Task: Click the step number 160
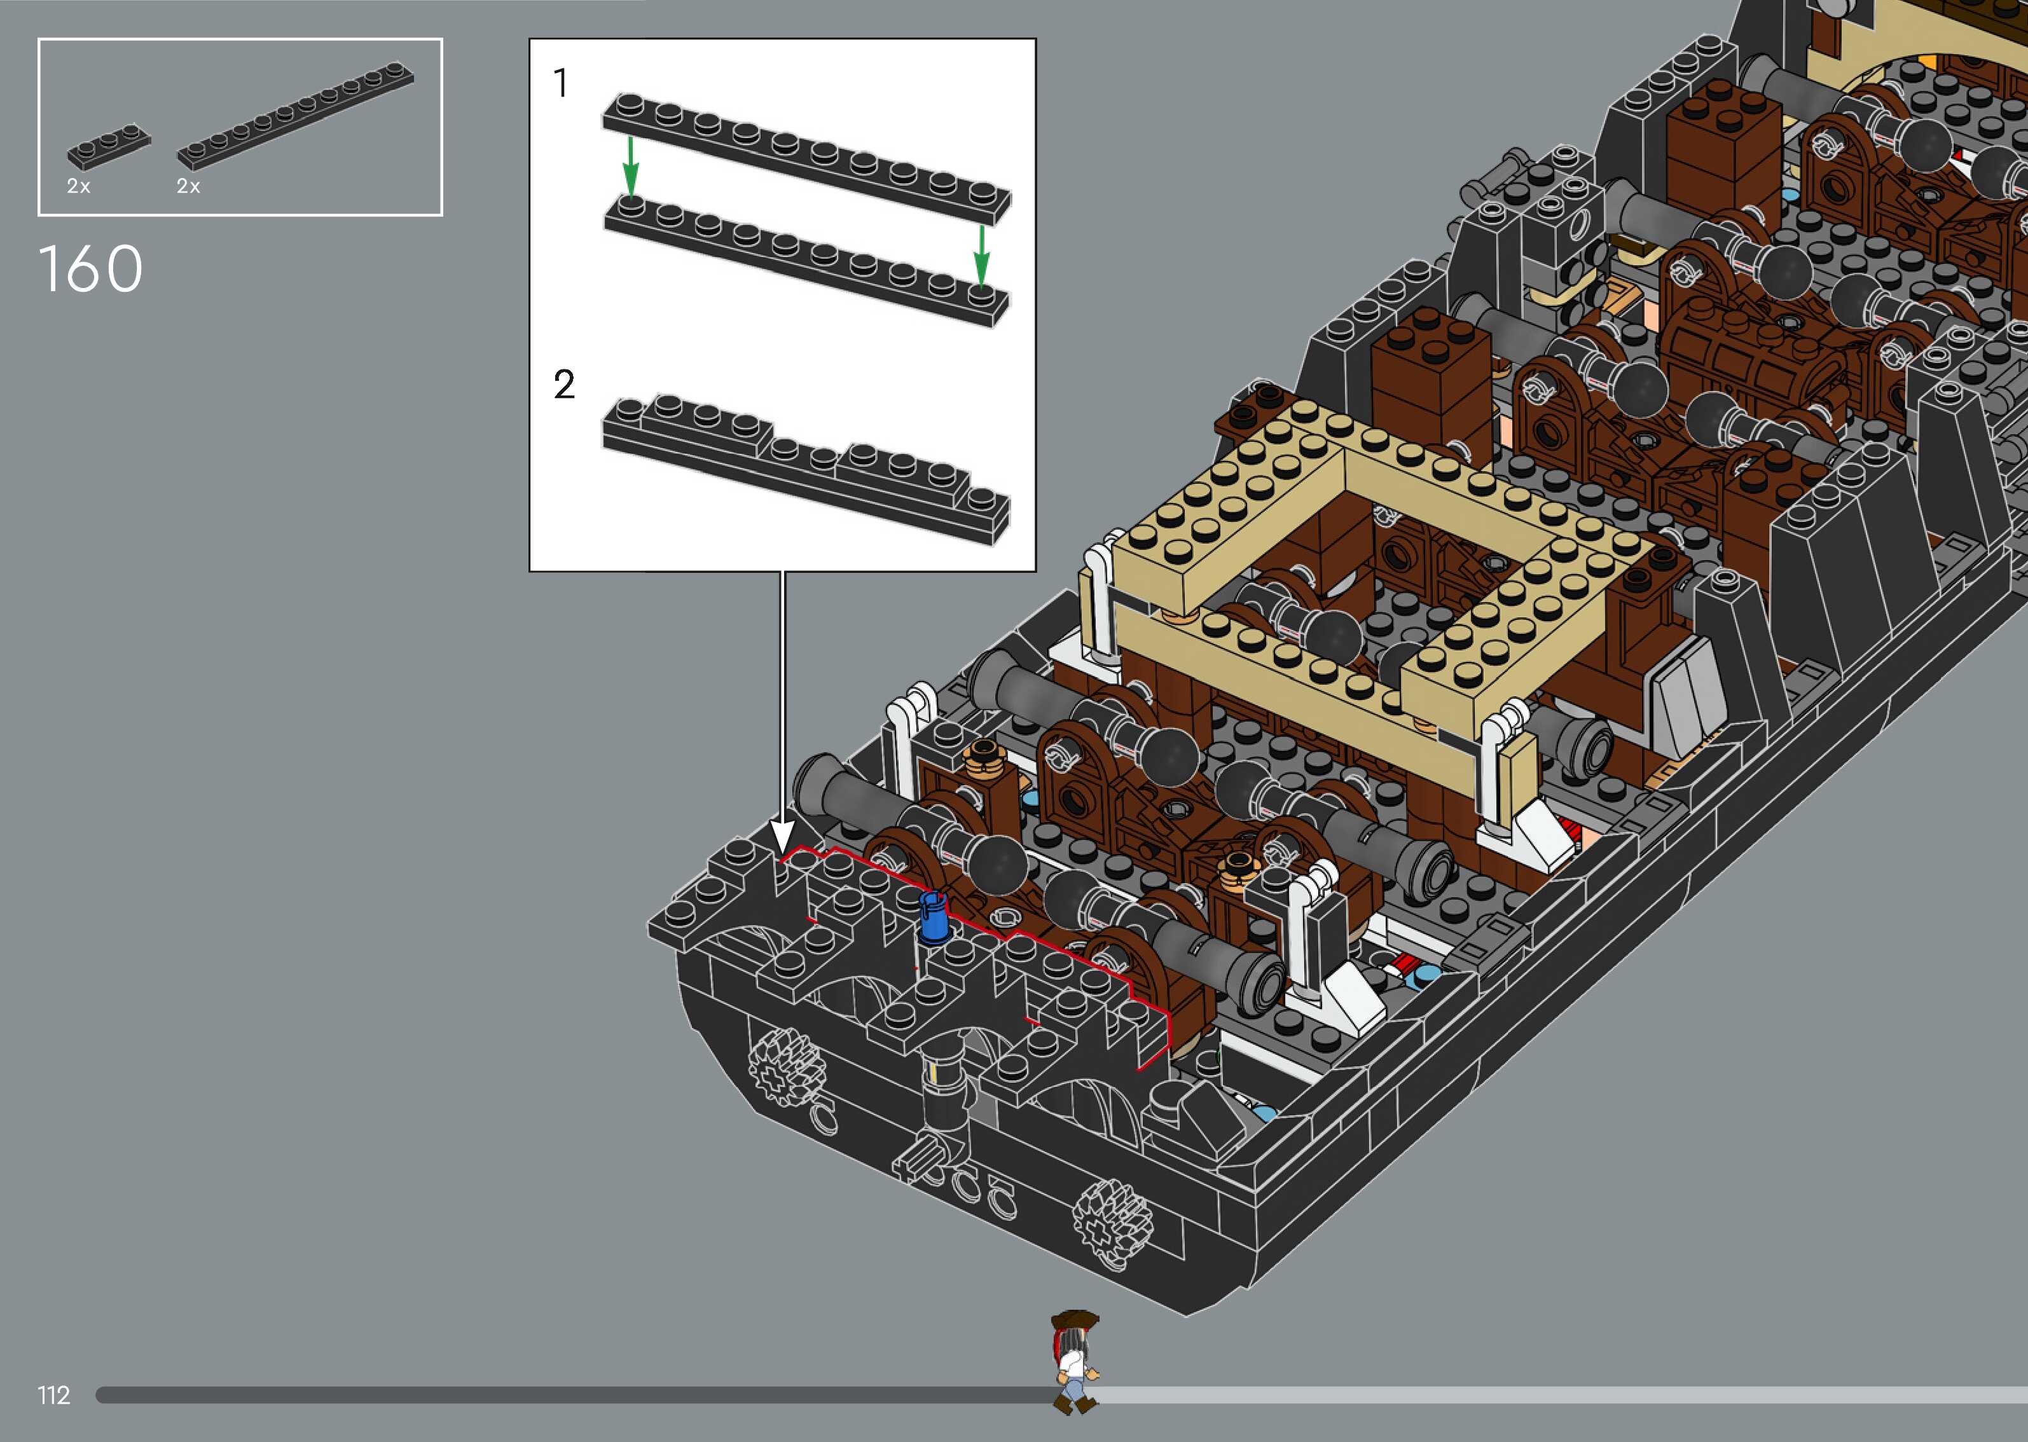coord(90,268)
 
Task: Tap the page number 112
coord(53,1395)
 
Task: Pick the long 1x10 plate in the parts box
coord(296,116)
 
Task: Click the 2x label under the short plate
coord(78,186)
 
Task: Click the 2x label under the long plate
coord(188,186)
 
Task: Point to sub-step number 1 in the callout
coord(560,83)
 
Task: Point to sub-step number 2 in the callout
coord(564,385)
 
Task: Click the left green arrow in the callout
coord(630,165)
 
